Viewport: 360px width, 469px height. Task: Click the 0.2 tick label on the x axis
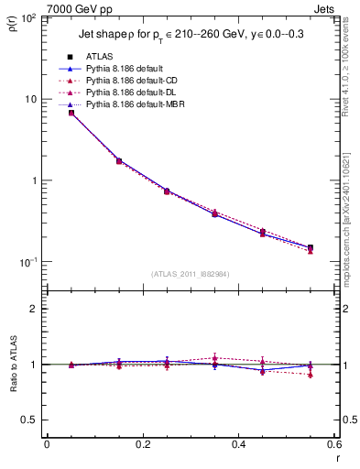[x=142, y=444]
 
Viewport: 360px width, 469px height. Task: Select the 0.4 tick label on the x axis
[x=238, y=444]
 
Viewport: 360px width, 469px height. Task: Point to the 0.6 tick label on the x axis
[x=333, y=444]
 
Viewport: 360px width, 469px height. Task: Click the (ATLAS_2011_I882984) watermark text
[x=190, y=274]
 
